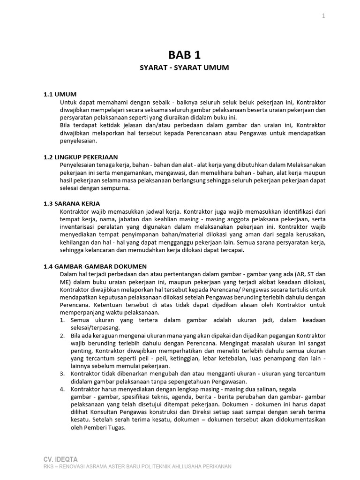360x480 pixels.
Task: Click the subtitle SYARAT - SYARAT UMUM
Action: pyautogui.click(x=184, y=68)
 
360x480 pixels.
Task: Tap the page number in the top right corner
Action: pyautogui.click(x=323, y=16)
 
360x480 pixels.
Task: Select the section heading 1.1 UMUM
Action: pyautogui.click(x=60, y=94)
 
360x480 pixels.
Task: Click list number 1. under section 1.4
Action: pyautogui.click(x=62, y=320)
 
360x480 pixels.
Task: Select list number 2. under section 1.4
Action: pyautogui.click(x=62, y=336)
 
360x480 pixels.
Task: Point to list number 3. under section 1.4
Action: pyautogui.click(x=62, y=374)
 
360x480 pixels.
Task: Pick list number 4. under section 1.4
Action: pyautogui.click(x=62, y=389)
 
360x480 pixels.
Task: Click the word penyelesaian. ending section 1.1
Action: pyautogui.click(x=78, y=140)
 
